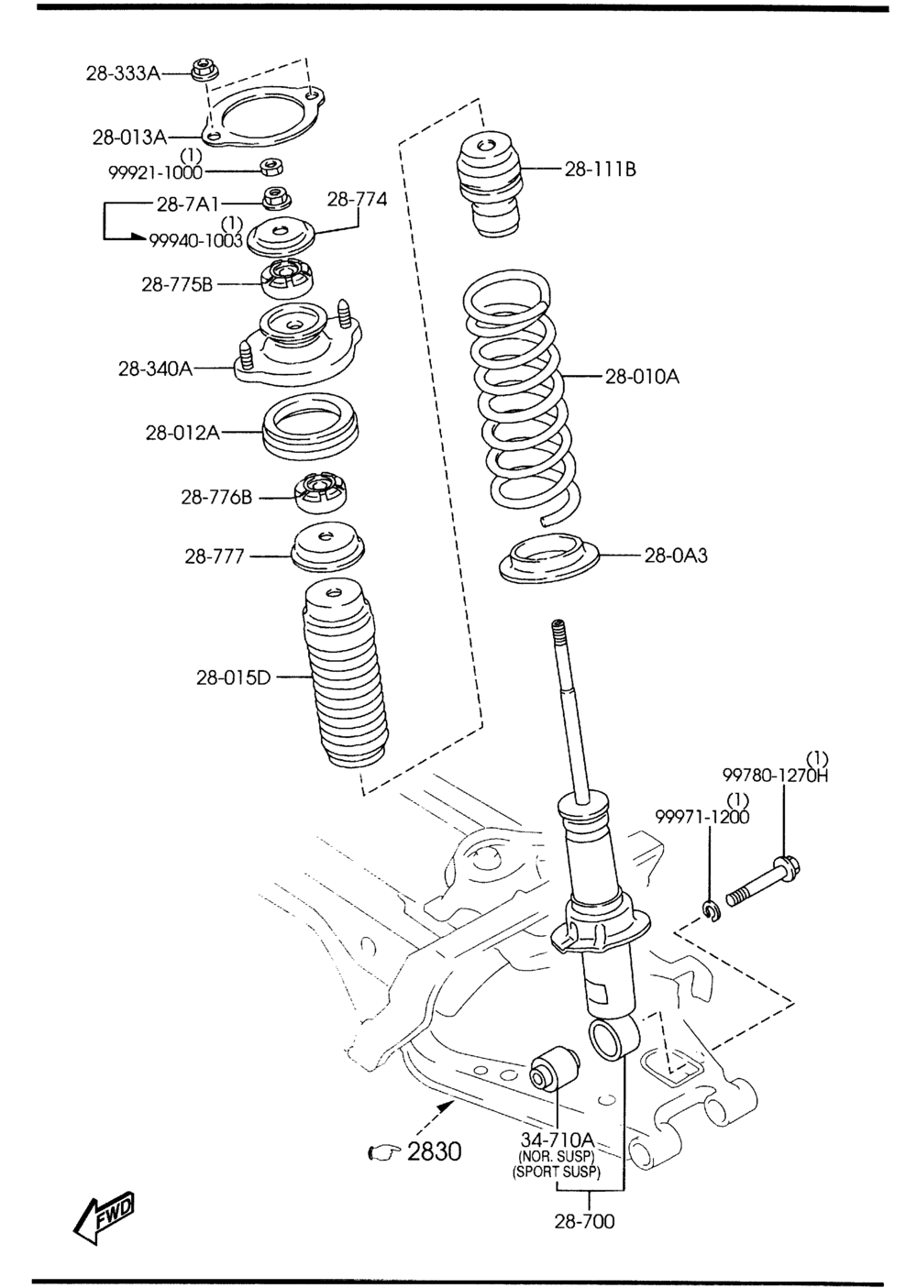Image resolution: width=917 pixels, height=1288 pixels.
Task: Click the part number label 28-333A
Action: pyautogui.click(x=123, y=72)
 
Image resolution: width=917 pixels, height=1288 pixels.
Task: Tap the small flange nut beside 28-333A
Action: pyautogui.click(x=202, y=70)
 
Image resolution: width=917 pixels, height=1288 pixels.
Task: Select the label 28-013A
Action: pyautogui.click(x=129, y=138)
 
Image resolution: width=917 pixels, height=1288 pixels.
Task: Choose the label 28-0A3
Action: pyautogui.click(x=676, y=555)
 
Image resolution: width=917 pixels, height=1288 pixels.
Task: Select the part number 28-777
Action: pyautogui.click(x=215, y=556)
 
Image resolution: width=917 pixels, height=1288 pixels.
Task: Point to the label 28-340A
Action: pyautogui.click(x=155, y=369)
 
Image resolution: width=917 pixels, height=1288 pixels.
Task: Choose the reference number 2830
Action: pyautogui.click(x=434, y=1150)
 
